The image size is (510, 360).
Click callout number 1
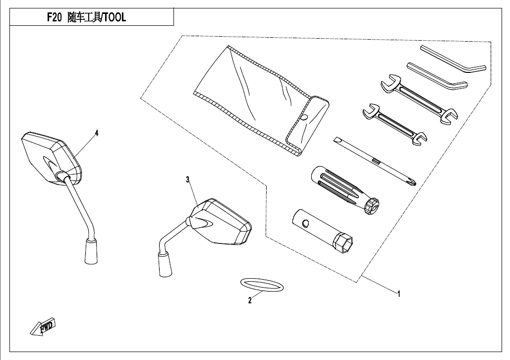pos(398,294)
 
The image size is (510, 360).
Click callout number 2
pos(250,300)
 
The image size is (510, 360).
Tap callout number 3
pos(188,180)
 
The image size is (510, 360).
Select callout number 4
pos(97,133)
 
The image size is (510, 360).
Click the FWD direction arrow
pos(43,327)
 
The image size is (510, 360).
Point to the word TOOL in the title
pos(114,18)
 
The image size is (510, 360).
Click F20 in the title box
pos(54,18)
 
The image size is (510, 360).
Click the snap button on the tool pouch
pos(304,117)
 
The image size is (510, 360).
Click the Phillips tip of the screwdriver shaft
pos(410,181)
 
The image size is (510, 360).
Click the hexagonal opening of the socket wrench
pos(343,243)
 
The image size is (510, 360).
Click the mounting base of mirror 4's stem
pos(90,251)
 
